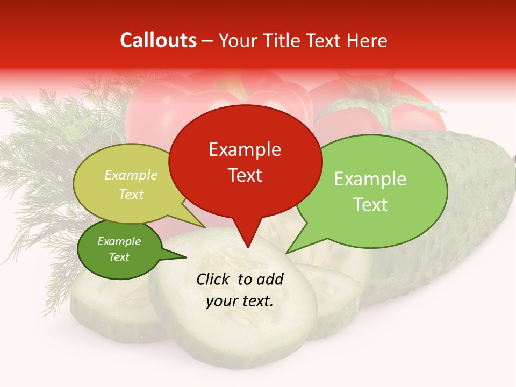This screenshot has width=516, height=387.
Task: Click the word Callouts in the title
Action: pyautogui.click(x=158, y=41)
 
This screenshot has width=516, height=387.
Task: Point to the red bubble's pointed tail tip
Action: pyautogui.click(x=247, y=248)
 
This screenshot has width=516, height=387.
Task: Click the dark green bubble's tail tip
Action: pyautogui.click(x=186, y=257)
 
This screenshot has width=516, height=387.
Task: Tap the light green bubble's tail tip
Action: pyautogui.click(x=287, y=253)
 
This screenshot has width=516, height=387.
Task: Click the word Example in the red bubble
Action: pyautogui.click(x=245, y=149)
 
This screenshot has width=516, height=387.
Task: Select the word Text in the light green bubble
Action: pyautogui.click(x=370, y=205)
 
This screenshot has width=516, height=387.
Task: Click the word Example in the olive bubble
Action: pyautogui.click(x=131, y=175)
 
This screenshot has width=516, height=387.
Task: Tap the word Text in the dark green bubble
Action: pyautogui.click(x=119, y=257)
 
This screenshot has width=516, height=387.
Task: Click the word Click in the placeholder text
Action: pyautogui.click(x=214, y=279)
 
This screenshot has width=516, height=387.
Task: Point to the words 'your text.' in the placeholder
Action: pyautogui.click(x=240, y=302)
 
